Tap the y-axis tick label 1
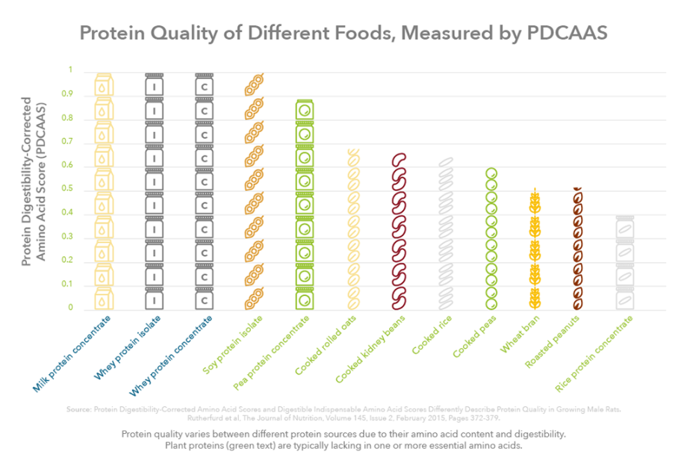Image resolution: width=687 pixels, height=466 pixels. click(x=70, y=70)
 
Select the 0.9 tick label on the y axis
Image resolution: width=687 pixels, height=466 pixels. click(x=68, y=94)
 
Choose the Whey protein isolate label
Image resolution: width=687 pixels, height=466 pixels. click(x=126, y=348)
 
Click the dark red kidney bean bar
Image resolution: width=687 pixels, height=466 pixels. click(x=399, y=232)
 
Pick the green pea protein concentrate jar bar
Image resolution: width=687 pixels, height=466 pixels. click(x=305, y=205)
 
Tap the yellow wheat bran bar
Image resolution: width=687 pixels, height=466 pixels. click(x=535, y=250)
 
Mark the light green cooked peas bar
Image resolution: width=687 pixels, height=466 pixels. click(x=491, y=239)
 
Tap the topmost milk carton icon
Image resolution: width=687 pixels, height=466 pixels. click(x=103, y=84)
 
